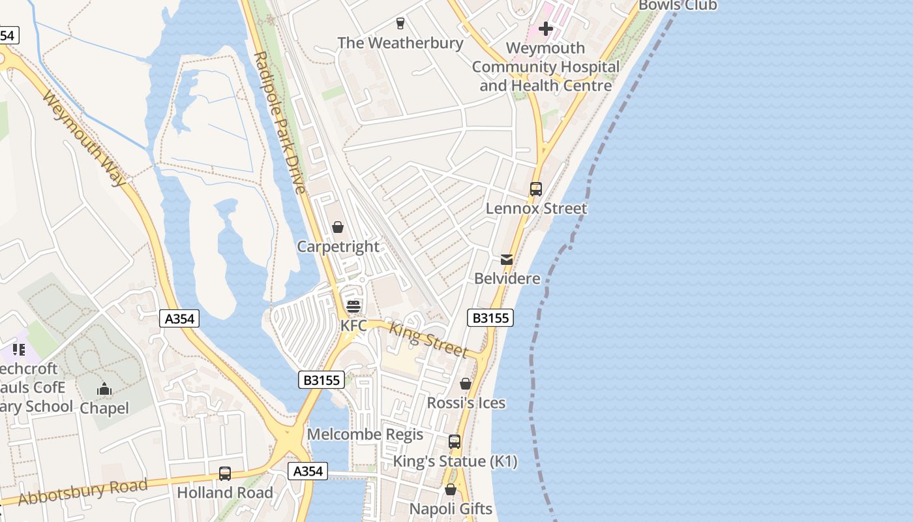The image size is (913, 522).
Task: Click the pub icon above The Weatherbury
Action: point(400,23)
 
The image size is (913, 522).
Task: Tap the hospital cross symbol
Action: point(546,29)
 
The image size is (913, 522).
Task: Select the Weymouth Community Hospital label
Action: point(546,67)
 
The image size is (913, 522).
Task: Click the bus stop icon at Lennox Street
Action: point(536,189)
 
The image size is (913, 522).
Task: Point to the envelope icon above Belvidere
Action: point(507,260)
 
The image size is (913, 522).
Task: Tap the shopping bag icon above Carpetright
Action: point(338,227)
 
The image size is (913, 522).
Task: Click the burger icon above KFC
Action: point(353,306)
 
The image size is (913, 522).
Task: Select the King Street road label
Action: point(428,339)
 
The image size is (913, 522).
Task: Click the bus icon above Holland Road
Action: point(225,474)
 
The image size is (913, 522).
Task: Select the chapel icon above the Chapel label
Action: point(104,390)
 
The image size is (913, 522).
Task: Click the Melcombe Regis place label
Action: point(365,435)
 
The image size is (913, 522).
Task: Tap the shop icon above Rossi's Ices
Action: point(466,384)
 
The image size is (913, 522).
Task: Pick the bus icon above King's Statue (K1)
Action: point(455,442)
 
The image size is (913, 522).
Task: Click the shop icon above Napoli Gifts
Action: point(451,489)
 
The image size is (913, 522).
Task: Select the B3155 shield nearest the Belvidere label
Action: point(490,318)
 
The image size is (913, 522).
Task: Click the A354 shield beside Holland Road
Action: point(308,471)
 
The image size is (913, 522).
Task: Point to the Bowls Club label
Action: point(678,6)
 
